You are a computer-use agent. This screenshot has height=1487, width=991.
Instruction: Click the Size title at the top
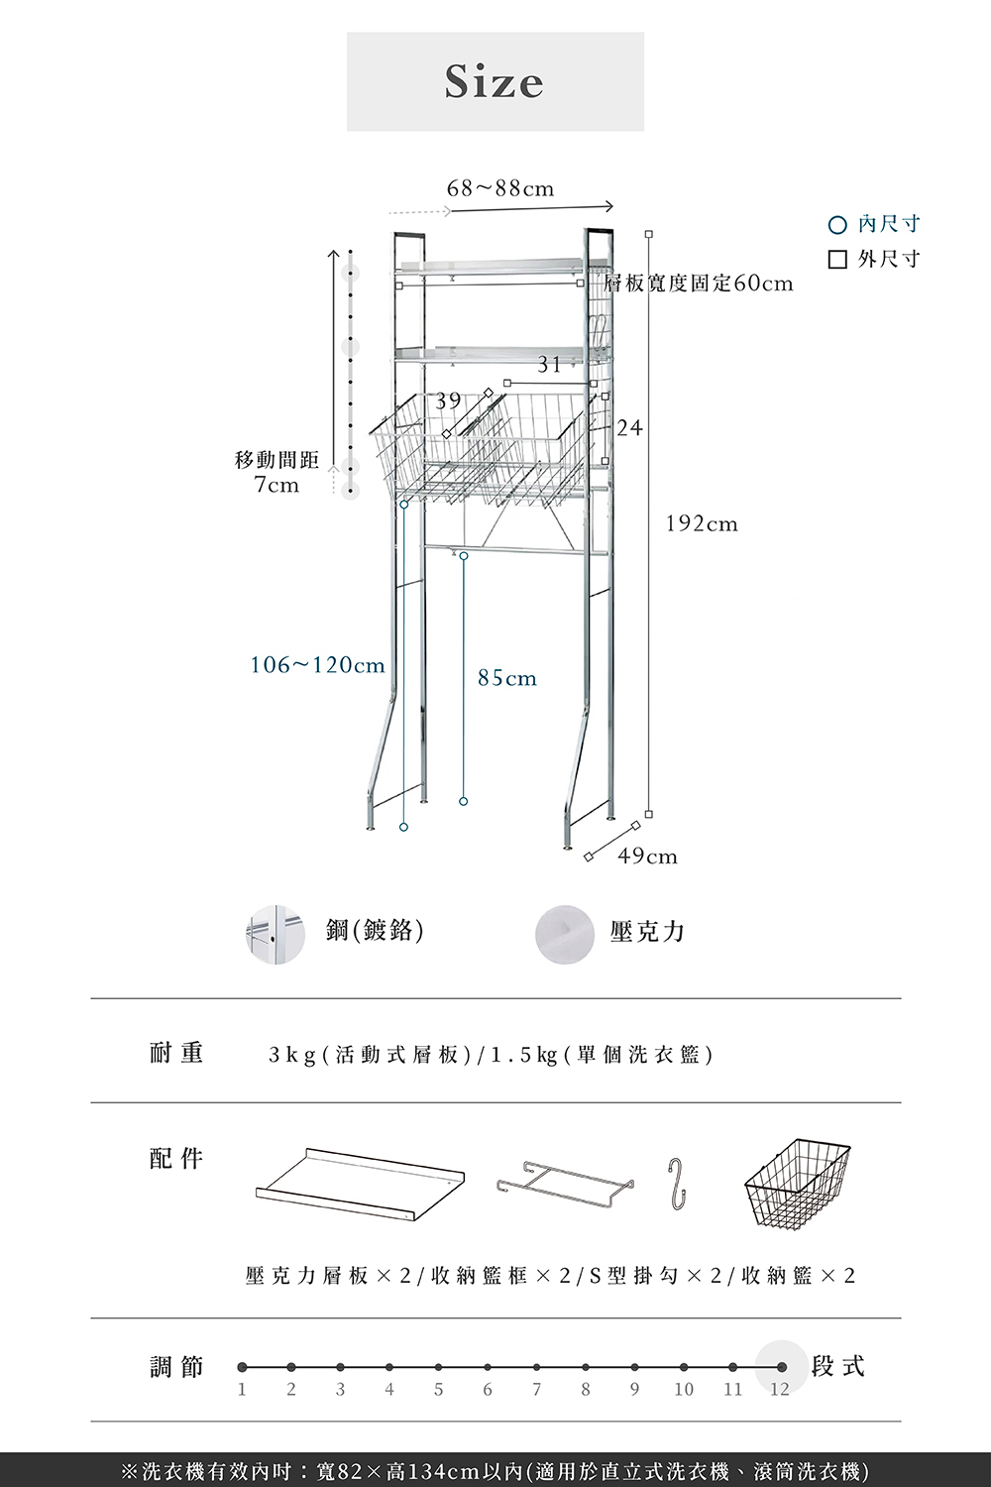point(495,81)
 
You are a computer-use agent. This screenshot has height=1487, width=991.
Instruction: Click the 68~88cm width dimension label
point(500,188)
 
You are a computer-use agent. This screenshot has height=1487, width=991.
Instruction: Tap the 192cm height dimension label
point(702,523)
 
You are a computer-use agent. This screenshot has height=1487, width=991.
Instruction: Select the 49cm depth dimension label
point(647,856)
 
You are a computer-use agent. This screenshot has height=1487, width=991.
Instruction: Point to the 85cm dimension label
point(506,678)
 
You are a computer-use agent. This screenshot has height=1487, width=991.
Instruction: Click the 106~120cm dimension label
point(317,664)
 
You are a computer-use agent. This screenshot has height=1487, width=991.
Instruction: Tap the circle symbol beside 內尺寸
point(837,225)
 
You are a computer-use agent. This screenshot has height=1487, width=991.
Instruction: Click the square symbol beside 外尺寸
point(837,260)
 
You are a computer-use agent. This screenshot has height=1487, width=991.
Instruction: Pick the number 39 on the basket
point(448,400)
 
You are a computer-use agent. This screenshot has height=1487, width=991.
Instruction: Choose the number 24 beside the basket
point(629,428)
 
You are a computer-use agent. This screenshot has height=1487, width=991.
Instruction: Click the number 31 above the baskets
point(549,365)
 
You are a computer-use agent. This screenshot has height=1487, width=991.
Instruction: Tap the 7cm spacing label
point(276,485)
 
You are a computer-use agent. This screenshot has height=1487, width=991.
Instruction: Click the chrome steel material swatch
point(275,934)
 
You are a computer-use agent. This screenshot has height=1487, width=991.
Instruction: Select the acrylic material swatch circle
point(564,934)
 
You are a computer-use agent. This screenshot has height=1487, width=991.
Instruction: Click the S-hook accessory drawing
point(677,1183)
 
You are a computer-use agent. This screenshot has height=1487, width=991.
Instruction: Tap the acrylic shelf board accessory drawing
point(360,1178)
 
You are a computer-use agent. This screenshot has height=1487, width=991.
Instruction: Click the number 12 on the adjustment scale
point(780,1389)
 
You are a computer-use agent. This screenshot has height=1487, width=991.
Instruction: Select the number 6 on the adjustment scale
point(488,1389)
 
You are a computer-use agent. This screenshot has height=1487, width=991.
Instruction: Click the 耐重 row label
point(176,1053)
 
